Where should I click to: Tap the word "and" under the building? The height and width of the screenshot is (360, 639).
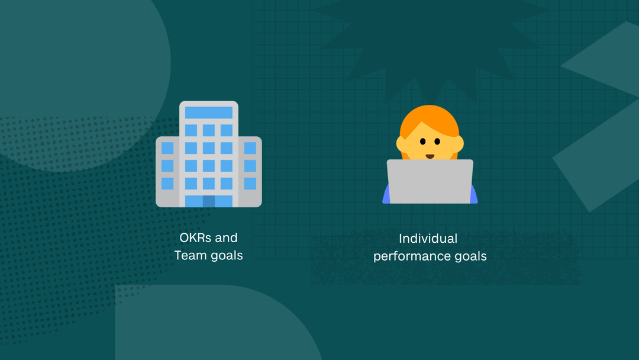coord(226,238)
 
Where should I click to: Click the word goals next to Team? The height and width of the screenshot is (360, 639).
coord(225,256)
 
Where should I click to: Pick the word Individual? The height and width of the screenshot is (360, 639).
coord(428,239)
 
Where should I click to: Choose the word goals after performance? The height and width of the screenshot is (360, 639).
coord(469,257)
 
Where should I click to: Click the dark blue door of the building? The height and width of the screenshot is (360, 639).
coord(208,201)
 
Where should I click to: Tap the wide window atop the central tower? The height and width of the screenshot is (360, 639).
coord(209,112)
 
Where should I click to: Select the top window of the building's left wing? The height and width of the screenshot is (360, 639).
coord(167,148)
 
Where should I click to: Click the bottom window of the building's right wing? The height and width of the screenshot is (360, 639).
coord(250,184)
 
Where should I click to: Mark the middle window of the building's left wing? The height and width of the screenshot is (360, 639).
coord(167,166)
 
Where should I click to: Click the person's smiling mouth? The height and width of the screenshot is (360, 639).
coord(430,156)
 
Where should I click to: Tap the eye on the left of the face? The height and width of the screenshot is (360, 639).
coord(422,142)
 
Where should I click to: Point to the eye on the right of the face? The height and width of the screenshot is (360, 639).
coord(437,142)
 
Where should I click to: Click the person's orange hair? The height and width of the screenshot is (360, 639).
coord(429,118)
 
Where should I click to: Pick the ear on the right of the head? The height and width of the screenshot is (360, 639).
coord(460,143)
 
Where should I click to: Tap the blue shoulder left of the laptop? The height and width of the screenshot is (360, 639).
coord(386,196)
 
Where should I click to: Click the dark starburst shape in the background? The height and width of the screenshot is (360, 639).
coord(429,41)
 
